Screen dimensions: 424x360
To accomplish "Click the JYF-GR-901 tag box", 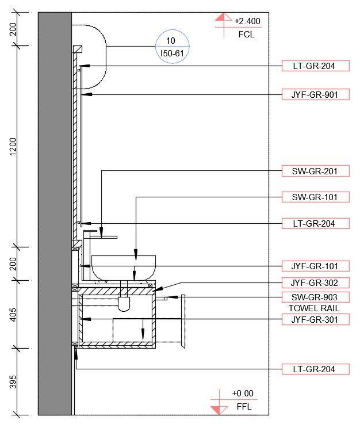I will click(x=316, y=94).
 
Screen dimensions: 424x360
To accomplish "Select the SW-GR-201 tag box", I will click(x=316, y=171).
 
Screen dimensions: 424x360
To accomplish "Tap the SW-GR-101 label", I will click(x=316, y=197).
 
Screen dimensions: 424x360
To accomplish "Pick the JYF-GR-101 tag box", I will click(x=316, y=266).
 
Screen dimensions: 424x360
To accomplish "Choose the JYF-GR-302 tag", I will click(x=316, y=283).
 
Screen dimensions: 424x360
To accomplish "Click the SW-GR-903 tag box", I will click(x=316, y=297).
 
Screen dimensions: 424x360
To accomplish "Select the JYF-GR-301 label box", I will click(x=316, y=319).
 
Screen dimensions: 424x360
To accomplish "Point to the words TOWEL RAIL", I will click(x=313, y=308).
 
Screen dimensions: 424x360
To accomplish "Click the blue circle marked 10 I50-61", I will click(x=171, y=47).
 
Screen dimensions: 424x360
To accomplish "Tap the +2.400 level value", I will click(x=247, y=21).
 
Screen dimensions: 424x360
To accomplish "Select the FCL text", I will click(x=246, y=35).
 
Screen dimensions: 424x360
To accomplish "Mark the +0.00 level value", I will click(x=243, y=394).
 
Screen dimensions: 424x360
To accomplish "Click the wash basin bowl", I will click(x=123, y=268).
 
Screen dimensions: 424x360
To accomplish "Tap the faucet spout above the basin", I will click(x=106, y=236).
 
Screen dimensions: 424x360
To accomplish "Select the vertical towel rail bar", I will click(x=183, y=321).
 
